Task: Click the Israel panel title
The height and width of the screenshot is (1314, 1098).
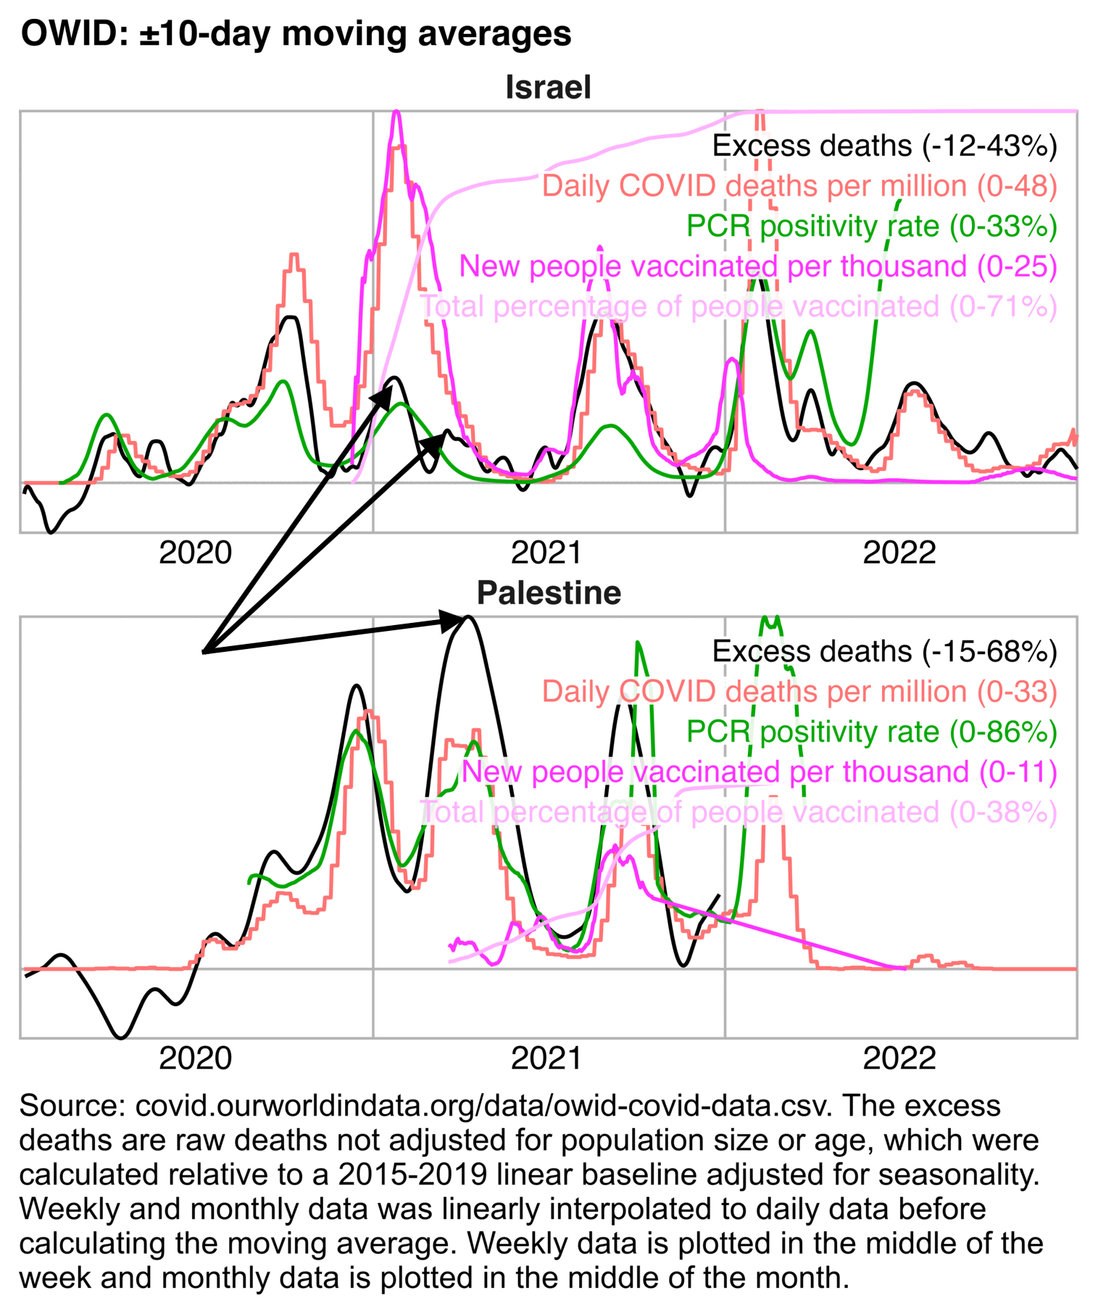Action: point(548,88)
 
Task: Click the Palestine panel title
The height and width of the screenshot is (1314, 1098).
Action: point(549,593)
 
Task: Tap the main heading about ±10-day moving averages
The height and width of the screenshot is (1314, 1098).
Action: point(296,34)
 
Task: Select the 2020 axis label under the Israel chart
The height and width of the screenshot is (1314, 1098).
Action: point(195,553)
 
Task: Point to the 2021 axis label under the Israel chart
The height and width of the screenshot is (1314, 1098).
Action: point(546,553)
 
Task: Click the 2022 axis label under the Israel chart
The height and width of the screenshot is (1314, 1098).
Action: point(899,553)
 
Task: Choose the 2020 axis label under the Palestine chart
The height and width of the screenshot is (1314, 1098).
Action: point(195,1058)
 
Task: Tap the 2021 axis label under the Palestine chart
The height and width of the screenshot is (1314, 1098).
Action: point(546,1058)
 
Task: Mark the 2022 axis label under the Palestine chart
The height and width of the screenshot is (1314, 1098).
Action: point(899,1058)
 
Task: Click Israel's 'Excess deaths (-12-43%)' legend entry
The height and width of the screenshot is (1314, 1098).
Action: point(884,146)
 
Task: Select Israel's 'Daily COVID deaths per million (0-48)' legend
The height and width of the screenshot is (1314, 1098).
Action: point(799,186)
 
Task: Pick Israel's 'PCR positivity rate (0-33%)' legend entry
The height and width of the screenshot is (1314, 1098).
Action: point(871,227)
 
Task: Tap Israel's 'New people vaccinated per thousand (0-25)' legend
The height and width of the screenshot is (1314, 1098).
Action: point(757,267)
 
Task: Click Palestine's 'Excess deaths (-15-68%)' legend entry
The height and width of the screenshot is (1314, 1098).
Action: point(884,652)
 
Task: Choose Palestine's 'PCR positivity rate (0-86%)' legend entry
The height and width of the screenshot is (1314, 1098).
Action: point(871,732)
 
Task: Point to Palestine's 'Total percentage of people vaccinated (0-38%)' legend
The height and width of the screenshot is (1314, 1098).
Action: point(738,812)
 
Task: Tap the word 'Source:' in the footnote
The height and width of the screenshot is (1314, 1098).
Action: point(67,1106)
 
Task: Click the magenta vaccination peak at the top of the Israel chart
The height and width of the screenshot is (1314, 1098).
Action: point(396,114)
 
